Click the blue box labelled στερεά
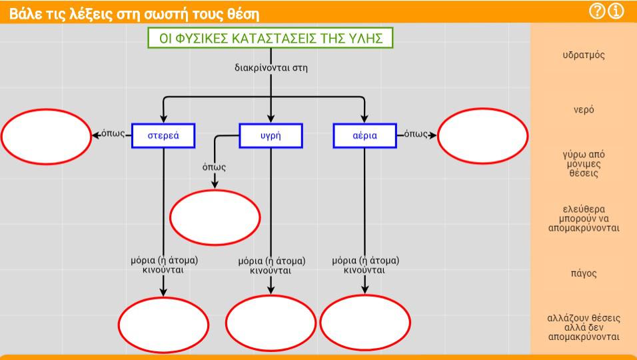[x=163, y=136]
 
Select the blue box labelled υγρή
[x=271, y=136]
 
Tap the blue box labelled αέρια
[x=365, y=136]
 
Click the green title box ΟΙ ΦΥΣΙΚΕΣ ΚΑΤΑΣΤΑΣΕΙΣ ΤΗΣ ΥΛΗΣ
[x=271, y=38]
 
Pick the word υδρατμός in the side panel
[x=584, y=55]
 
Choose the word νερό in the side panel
[x=584, y=110]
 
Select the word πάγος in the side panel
[x=584, y=273]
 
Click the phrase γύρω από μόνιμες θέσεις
[x=584, y=164]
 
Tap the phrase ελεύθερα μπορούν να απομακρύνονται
[x=584, y=219]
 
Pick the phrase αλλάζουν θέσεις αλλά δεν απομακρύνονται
[x=584, y=327]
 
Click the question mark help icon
[x=597, y=11]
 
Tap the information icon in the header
[x=616, y=11]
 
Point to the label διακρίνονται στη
[x=271, y=68]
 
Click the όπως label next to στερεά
[x=113, y=133]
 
